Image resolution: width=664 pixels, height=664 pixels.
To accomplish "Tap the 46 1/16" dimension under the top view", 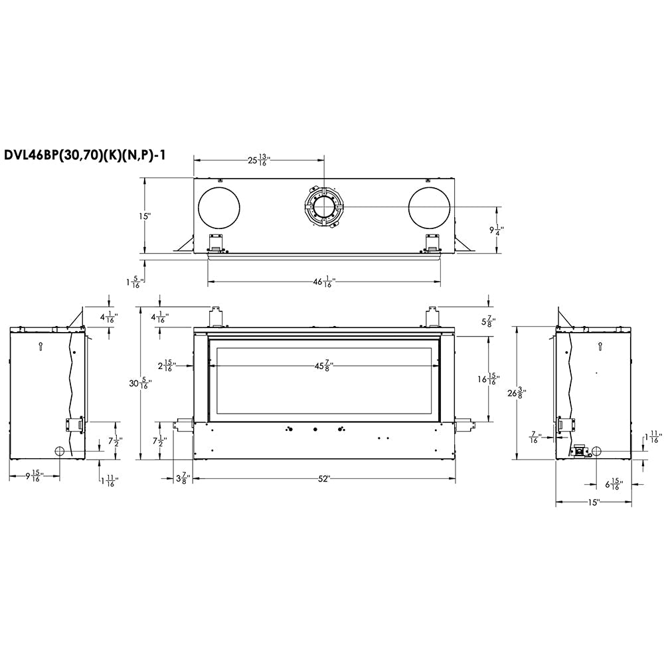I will [x=324, y=282].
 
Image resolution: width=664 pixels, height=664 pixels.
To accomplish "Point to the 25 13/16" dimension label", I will [x=258, y=159].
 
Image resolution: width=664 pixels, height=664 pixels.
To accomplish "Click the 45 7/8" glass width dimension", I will [x=324, y=366].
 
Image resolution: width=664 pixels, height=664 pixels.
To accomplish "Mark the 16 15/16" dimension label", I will [x=488, y=378].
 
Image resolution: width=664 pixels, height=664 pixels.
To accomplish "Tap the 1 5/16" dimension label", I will [x=134, y=281].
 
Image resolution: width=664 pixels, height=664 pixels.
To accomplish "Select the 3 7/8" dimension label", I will [x=183, y=478].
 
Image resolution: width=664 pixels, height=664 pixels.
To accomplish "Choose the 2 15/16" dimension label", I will [x=166, y=366].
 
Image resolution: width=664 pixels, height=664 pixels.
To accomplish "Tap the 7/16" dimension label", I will [x=535, y=438].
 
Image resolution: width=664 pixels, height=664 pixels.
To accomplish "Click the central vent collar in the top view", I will [x=324, y=207].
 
